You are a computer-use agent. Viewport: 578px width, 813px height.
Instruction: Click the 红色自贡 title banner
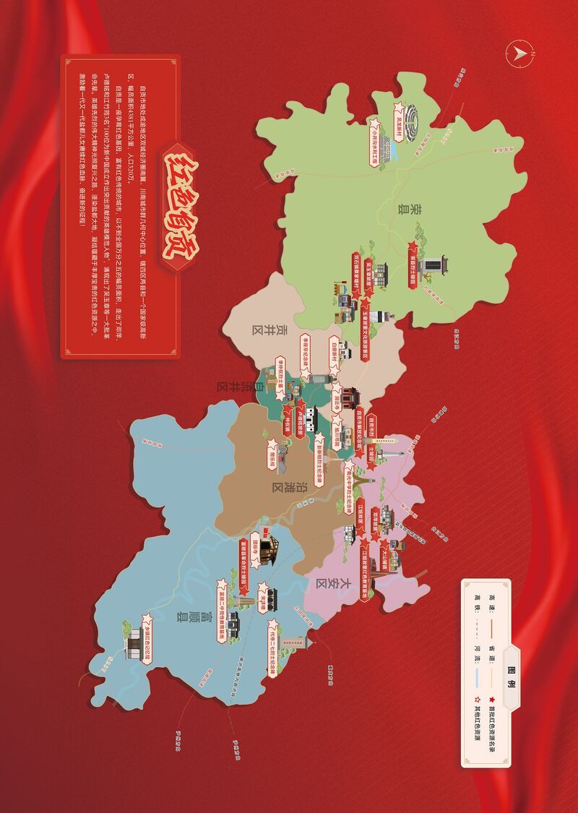tap(181, 210)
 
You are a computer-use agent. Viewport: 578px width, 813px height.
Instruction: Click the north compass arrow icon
tap(519, 53)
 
